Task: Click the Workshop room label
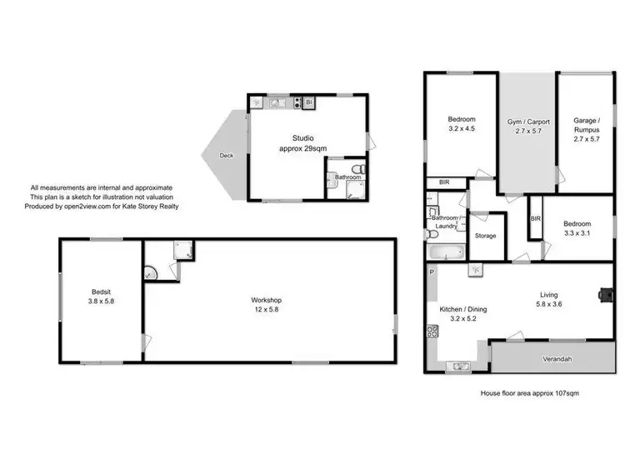(x=267, y=300)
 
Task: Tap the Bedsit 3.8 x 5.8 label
(x=102, y=296)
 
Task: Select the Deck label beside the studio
(x=226, y=155)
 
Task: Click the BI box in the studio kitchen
(x=308, y=102)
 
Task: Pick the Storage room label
(x=485, y=236)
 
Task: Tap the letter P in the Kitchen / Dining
(x=431, y=272)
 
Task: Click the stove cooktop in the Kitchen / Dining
(x=432, y=332)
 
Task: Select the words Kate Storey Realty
(x=152, y=206)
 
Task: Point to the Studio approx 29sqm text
(x=302, y=143)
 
